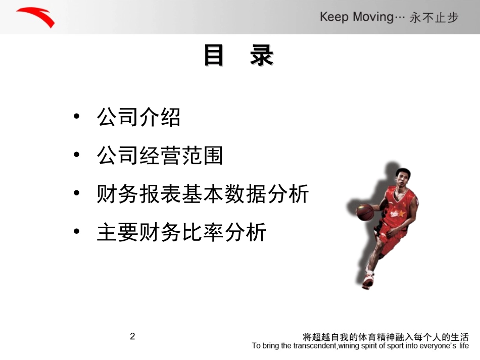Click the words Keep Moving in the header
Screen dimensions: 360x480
(x=356, y=17)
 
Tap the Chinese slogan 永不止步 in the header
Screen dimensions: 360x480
(x=434, y=18)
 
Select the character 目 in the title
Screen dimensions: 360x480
(x=214, y=56)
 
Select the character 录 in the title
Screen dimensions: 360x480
(x=261, y=56)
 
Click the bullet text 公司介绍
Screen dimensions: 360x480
(x=138, y=117)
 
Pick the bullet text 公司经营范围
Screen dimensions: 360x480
(x=160, y=156)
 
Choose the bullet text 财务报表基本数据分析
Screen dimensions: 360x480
(x=203, y=194)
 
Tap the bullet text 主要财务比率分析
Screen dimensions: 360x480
(x=181, y=232)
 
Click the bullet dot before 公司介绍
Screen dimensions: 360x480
(x=77, y=117)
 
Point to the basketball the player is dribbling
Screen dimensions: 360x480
(x=365, y=212)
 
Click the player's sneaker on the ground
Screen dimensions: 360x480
(x=368, y=280)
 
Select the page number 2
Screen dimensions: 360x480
(x=132, y=336)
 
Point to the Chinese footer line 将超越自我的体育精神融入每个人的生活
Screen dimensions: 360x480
(x=386, y=337)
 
